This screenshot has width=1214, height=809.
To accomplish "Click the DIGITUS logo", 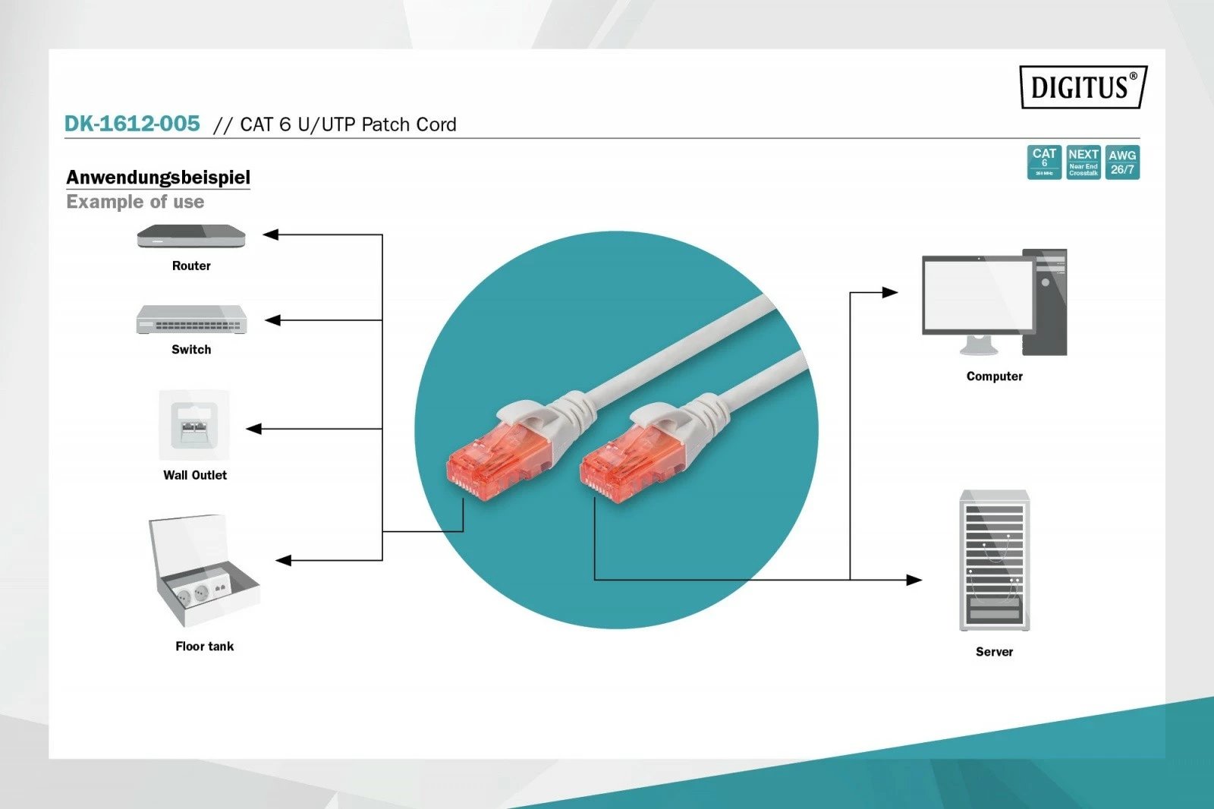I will (x=1083, y=87).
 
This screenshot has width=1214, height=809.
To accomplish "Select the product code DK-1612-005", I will (x=132, y=124).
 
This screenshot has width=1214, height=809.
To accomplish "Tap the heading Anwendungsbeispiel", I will (x=158, y=178).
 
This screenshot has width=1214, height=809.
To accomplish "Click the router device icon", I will (x=191, y=237).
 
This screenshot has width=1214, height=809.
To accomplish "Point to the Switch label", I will (x=191, y=350).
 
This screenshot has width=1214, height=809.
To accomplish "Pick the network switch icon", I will (x=191, y=320).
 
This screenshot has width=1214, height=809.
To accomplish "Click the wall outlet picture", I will (x=194, y=425).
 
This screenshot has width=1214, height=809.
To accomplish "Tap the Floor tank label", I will (x=204, y=647).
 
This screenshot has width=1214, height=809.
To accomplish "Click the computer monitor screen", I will (x=977, y=294).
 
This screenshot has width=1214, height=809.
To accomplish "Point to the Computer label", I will (x=994, y=376).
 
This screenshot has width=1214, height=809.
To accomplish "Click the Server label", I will (x=994, y=652).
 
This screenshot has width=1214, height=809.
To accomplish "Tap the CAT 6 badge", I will (x=1044, y=162).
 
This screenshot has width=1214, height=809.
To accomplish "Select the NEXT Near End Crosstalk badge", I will (x=1083, y=162).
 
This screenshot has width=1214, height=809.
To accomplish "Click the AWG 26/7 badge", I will (x=1122, y=162).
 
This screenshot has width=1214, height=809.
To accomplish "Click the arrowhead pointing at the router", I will (x=271, y=235).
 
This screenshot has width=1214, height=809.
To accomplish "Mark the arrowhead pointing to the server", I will (x=914, y=580).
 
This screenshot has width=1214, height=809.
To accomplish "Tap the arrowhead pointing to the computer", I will (x=890, y=292).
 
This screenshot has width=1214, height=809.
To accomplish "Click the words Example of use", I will (x=135, y=202).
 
